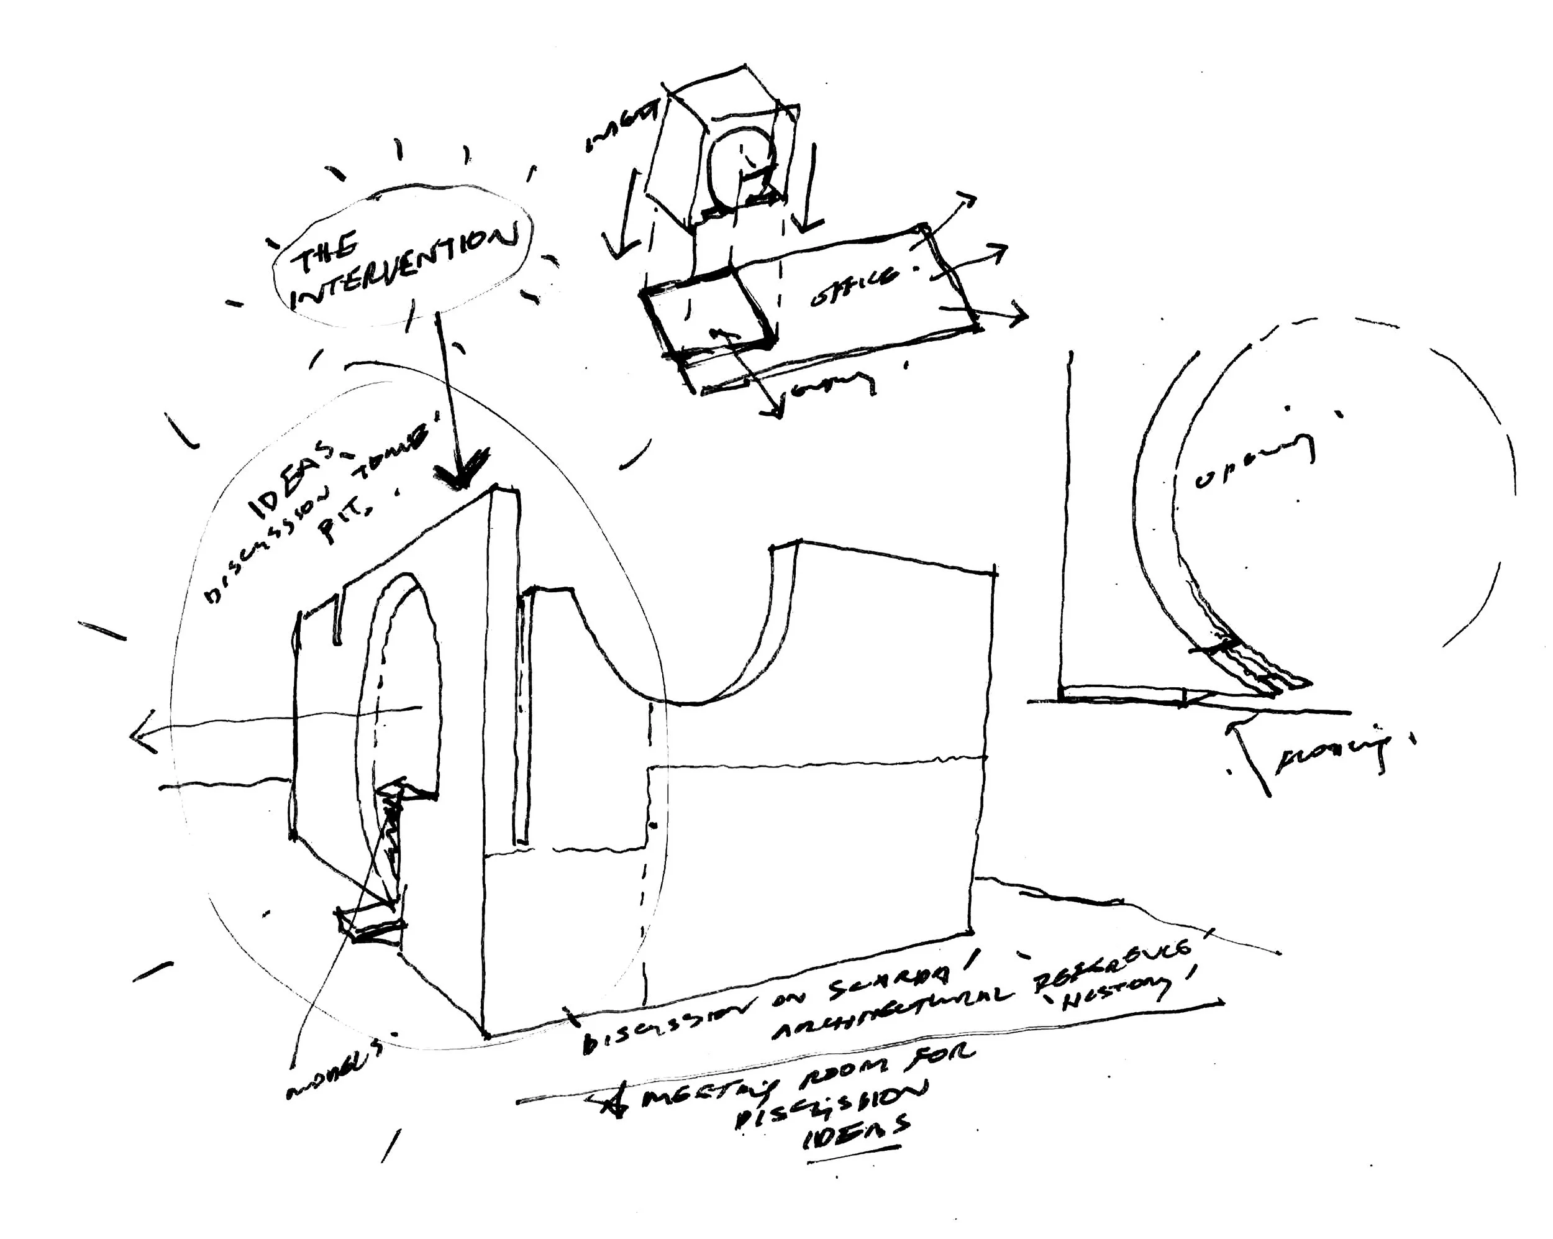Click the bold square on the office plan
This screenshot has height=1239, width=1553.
[x=709, y=313]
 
